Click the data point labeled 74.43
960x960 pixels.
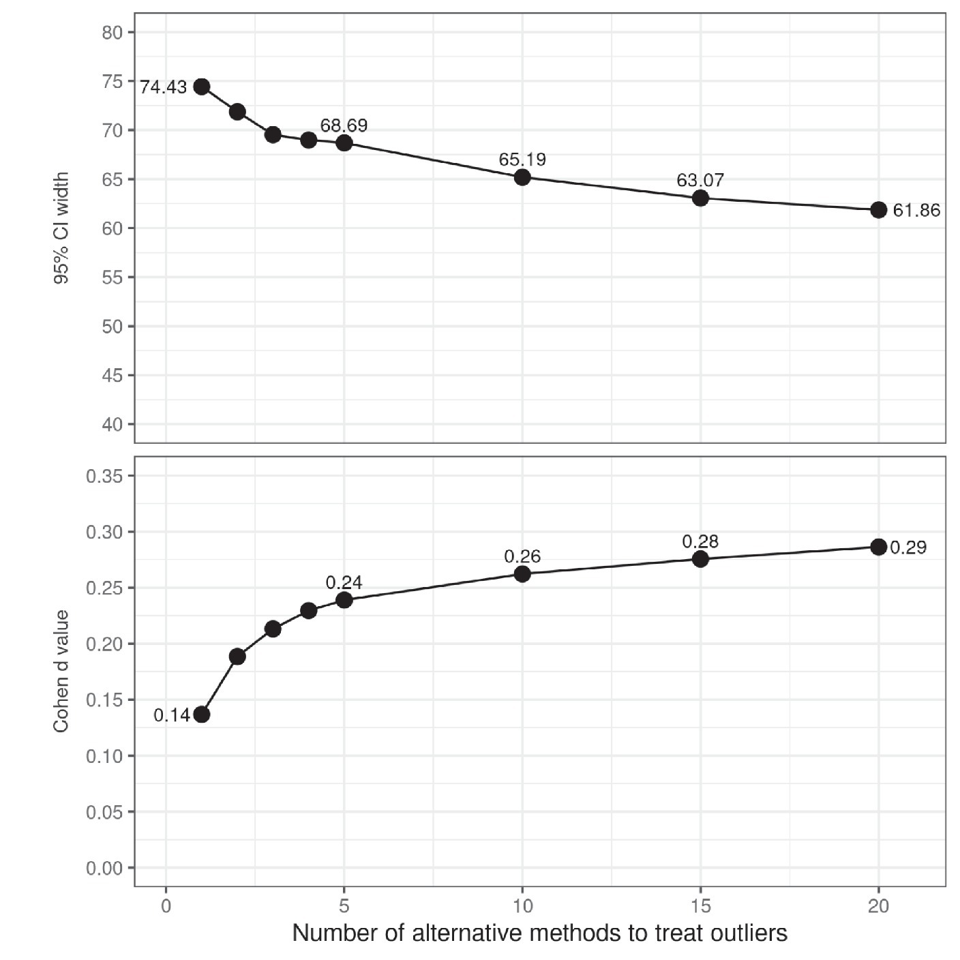point(201,87)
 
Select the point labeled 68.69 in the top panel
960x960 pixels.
point(344,142)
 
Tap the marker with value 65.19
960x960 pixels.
point(522,177)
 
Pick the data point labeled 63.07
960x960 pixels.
point(700,198)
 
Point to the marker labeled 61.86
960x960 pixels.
point(878,210)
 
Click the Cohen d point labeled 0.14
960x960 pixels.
point(201,715)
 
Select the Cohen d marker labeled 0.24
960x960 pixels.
point(344,600)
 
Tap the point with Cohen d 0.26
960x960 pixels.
point(522,574)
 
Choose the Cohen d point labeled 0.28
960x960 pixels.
point(700,559)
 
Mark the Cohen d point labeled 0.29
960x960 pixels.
point(878,547)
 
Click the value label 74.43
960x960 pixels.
point(164,87)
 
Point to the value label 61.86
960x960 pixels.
point(916,211)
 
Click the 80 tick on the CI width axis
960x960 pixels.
point(112,33)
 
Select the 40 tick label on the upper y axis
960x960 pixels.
point(112,425)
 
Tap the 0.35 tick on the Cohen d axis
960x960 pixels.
point(104,476)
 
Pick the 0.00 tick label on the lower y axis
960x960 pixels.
point(104,868)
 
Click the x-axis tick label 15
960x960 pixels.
point(700,906)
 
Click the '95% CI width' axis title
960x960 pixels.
point(61,228)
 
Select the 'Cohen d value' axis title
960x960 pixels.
point(61,672)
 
